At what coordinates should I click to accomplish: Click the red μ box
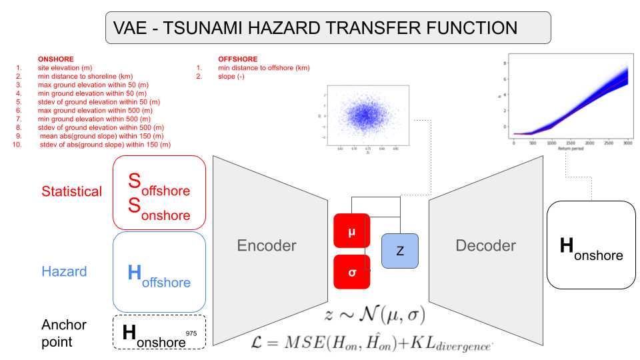point(351,231)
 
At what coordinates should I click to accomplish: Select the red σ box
point(351,272)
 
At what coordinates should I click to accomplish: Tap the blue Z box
point(400,251)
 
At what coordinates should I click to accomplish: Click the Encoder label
point(267,246)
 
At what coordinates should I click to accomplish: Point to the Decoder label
point(485,246)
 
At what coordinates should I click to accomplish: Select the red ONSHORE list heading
point(56,59)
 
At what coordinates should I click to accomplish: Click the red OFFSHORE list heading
point(237,59)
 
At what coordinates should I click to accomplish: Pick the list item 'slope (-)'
point(231,76)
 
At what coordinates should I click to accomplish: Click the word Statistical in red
point(72,192)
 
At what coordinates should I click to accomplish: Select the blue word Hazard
point(64,272)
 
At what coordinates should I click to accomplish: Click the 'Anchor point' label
point(64,333)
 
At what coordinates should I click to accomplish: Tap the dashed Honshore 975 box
point(160,332)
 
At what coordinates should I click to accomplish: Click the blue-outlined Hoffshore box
point(160,272)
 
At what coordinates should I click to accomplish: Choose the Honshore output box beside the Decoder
point(591,245)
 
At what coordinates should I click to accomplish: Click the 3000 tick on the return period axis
point(627,143)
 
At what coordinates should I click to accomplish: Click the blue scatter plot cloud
point(363,115)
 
